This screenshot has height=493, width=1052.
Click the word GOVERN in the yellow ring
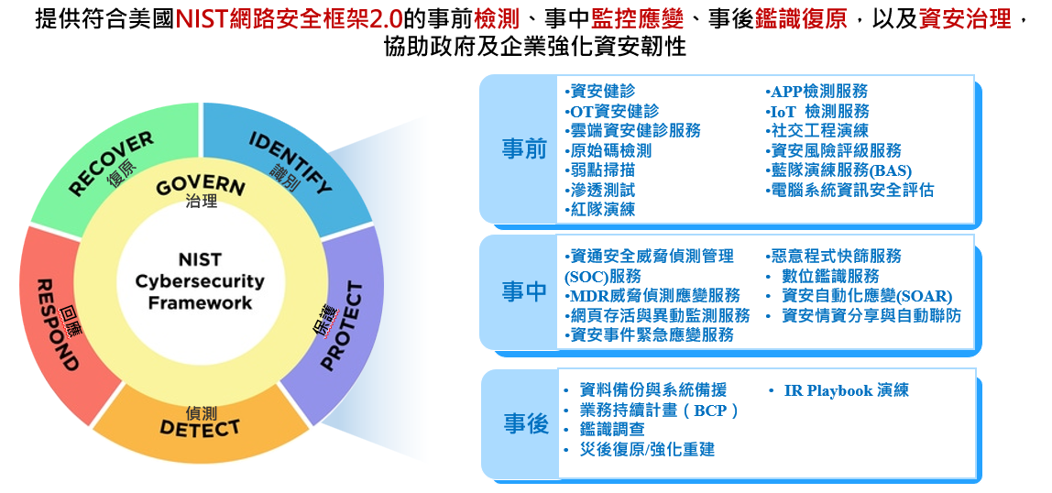(200, 186)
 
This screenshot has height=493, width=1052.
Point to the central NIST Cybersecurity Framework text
(200, 281)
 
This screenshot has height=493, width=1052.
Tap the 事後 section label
(526, 424)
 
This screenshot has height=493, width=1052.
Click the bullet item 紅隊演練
(599, 209)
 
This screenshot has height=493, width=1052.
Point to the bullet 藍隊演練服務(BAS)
(838, 170)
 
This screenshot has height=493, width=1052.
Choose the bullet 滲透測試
(599, 190)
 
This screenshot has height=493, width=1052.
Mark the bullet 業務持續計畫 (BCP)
(651, 410)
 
